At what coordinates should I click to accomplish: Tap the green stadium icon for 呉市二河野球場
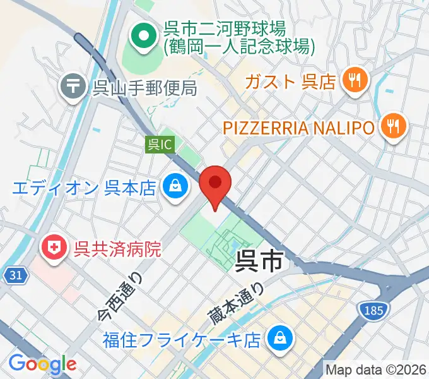144,37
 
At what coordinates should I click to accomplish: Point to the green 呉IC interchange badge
160,145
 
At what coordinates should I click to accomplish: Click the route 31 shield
18,275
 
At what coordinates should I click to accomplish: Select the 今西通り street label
120,296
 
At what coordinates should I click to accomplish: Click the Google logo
43,363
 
